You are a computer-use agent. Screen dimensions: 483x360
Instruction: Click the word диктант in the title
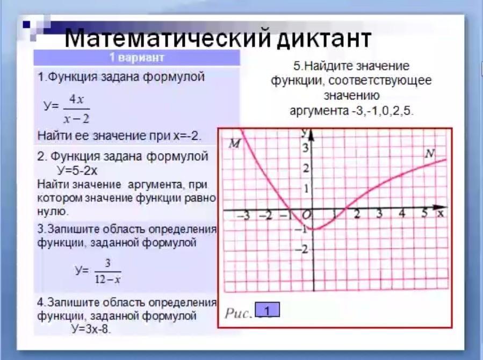[x=323, y=39]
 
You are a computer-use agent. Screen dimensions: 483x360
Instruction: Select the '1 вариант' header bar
[x=137, y=57]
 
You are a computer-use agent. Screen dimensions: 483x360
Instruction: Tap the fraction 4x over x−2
[x=76, y=109]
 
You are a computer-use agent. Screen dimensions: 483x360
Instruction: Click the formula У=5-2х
[x=77, y=170]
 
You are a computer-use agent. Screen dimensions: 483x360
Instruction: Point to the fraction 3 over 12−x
[x=107, y=271]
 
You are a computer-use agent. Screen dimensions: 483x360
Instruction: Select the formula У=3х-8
[x=91, y=329]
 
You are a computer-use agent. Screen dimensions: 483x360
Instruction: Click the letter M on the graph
[x=235, y=143]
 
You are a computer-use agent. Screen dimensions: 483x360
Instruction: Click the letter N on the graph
[x=430, y=153]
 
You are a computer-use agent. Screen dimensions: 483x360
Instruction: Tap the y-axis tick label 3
[x=305, y=148]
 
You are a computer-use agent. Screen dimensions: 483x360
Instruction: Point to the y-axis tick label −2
[x=301, y=249]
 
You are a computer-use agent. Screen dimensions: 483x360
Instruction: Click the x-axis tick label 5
[x=424, y=212]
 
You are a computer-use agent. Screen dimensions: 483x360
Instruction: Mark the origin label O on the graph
[x=306, y=214]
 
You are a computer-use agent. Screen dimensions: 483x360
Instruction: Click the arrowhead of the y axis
[x=311, y=135]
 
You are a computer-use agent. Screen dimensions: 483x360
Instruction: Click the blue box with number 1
[x=268, y=310]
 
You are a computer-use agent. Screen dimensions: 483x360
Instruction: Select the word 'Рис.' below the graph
[x=239, y=313]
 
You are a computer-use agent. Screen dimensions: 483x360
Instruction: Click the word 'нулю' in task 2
[x=52, y=212]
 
